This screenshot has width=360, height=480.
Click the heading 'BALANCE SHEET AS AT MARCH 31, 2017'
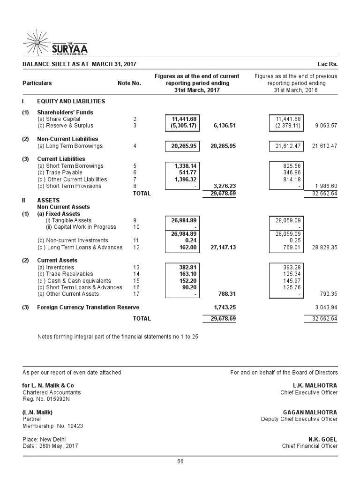[x=79, y=64]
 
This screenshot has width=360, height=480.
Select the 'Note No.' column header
[x=129, y=83]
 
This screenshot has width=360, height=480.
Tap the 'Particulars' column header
[x=37, y=83]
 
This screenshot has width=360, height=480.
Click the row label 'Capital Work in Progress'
[x=81, y=227]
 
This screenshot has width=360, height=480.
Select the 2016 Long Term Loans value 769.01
[x=292, y=247]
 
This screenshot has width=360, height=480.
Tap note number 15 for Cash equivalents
[x=136, y=280]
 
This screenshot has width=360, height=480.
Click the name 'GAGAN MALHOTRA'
[x=310, y=412]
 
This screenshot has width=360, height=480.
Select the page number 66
[x=180, y=462]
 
